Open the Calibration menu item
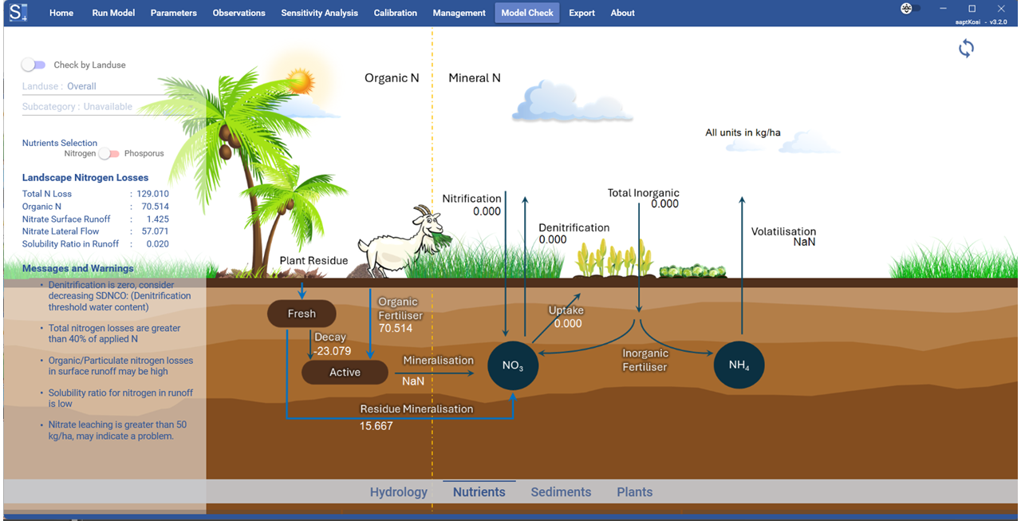point(395,13)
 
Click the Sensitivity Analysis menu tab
point(319,13)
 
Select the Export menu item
point(581,13)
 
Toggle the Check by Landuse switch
point(34,65)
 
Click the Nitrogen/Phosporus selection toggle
point(109,154)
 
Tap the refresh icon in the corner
point(966,49)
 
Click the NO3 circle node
point(513,366)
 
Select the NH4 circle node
point(739,365)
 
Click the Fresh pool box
point(302,314)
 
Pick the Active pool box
point(345,372)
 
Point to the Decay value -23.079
point(333,351)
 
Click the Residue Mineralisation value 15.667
point(376,426)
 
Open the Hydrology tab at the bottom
point(398,492)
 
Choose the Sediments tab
point(561,492)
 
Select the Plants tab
point(634,492)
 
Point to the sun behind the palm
point(300,81)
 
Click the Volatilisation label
point(783,232)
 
